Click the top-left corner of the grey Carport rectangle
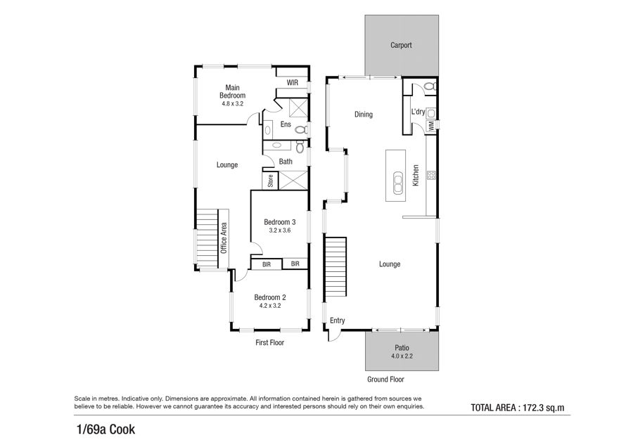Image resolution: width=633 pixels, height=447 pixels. coord(365,15)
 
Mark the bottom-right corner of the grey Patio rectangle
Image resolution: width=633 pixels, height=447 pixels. coord(439,371)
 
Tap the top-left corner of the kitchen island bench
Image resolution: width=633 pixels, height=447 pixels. coord(386,150)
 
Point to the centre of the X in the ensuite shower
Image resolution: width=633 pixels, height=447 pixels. coord(298,108)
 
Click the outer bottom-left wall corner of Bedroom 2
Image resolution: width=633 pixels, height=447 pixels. coord(231,331)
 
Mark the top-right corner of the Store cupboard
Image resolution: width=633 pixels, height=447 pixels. coord(278,171)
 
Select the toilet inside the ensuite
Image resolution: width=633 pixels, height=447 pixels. coord(300,130)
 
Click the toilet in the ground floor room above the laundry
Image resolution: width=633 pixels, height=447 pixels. coord(430,86)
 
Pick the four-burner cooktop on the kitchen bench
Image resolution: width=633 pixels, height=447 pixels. coord(431,175)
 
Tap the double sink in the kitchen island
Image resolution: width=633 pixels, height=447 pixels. coord(398,182)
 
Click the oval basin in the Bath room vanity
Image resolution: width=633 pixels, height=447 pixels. coord(277,145)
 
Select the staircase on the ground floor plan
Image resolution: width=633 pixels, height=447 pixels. coord(335,266)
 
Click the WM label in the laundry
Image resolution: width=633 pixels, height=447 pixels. coord(430,126)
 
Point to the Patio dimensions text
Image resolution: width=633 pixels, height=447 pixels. coord(402,356)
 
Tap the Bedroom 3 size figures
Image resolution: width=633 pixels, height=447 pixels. coord(280,231)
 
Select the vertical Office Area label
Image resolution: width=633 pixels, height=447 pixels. coord(224,238)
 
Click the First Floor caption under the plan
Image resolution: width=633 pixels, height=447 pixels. coord(269,342)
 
